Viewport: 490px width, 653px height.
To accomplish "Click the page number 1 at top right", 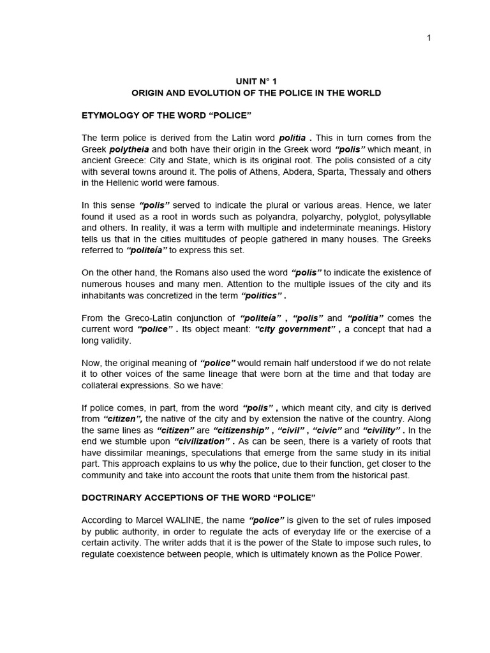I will pos(429,38).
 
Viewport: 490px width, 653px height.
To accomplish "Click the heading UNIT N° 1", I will pos(256,82).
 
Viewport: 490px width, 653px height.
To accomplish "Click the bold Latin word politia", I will pos(293,138).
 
